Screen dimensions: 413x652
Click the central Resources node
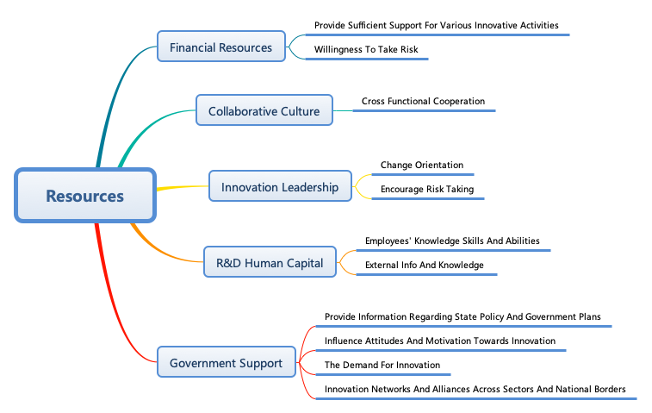pos(84,196)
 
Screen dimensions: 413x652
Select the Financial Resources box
pos(220,47)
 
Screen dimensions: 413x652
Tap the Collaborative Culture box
pos(264,111)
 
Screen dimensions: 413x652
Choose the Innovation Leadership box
pos(280,187)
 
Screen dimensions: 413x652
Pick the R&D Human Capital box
pos(269,263)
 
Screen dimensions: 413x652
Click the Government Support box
pos(226,363)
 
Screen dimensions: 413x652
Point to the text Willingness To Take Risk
pos(366,50)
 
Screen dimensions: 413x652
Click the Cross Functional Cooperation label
pos(423,102)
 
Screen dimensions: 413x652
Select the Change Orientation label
pos(422,166)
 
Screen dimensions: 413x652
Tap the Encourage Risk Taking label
pos(427,190)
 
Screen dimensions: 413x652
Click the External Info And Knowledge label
pos(425,266)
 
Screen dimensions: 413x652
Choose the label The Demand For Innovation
pos(382,366)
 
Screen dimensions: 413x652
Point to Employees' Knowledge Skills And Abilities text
pos(452,241)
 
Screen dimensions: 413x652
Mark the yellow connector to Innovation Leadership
pos(181,187)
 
